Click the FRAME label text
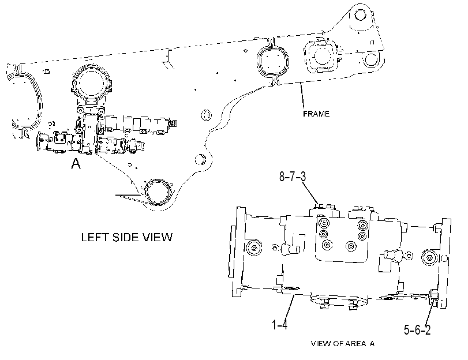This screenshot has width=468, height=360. pyautogui.click(x=316, y=114)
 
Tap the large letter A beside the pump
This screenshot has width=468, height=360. pyautogui.click(x=76, y=164)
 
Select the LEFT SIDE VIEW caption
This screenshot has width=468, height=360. pyautogui.click(x=127, y=237)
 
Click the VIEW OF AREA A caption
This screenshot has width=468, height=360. pyautogui.click(x=342, y=344)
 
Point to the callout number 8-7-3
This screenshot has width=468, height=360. pyautogui.click(x=293, y=177)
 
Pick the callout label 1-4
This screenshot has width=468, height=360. pyautogui.click(x=280, y=324)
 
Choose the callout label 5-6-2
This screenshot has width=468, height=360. pyautogui.click(x=417, y=330)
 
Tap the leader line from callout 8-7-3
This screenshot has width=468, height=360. pyautogui.click(x=310, y=193)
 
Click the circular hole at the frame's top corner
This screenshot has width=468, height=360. pyautogui.click(x=360, y=14)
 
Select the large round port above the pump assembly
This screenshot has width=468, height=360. pyautogui.click(x=91, y=84)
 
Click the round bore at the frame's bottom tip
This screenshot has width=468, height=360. pyautogui.click(x=157, y=193)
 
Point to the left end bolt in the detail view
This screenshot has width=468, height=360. pyautogui.click(x=254, y=248)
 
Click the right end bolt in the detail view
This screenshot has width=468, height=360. pyautogui.click(x=429, y=258)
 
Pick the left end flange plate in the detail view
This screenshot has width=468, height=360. pyautogui.click(x=238, y=252)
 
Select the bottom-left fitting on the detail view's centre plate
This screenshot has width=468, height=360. pyautogui.click(x=327, y=245)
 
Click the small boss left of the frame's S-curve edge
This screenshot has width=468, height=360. pyautogui.click(x=206, y=115)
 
